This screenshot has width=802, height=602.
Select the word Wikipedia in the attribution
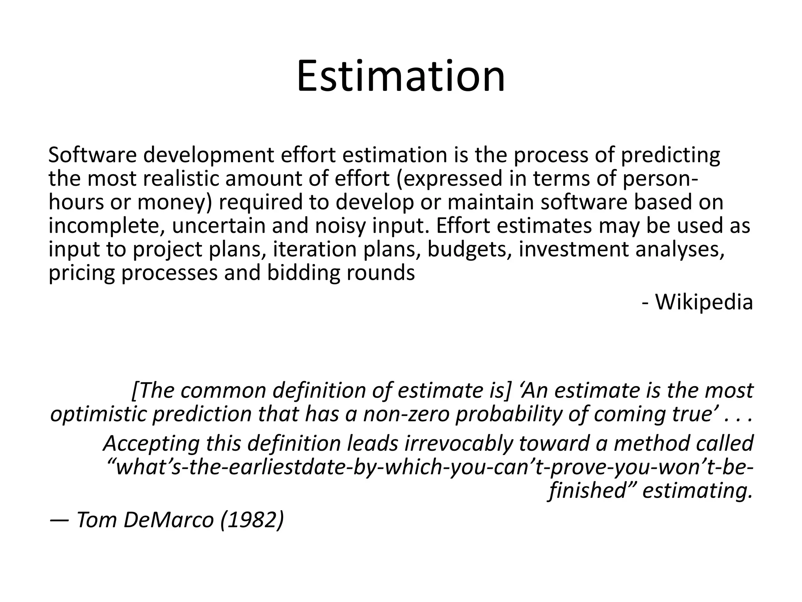[704, 302]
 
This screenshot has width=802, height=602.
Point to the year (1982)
[252, 520]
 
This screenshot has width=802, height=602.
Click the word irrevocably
[459, 443]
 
